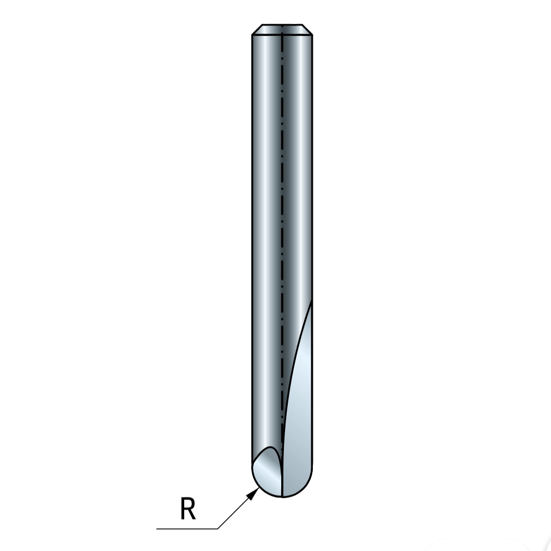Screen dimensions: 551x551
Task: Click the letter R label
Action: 187,508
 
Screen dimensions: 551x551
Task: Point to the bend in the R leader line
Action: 218,528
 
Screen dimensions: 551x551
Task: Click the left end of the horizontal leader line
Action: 157,528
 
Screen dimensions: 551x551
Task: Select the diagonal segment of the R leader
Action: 239,508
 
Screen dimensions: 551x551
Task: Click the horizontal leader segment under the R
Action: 187,528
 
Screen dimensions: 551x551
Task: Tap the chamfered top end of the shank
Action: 282,30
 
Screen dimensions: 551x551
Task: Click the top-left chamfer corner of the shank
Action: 262,25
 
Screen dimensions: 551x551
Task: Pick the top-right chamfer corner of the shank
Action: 302,25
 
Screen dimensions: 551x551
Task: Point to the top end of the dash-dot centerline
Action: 282,25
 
